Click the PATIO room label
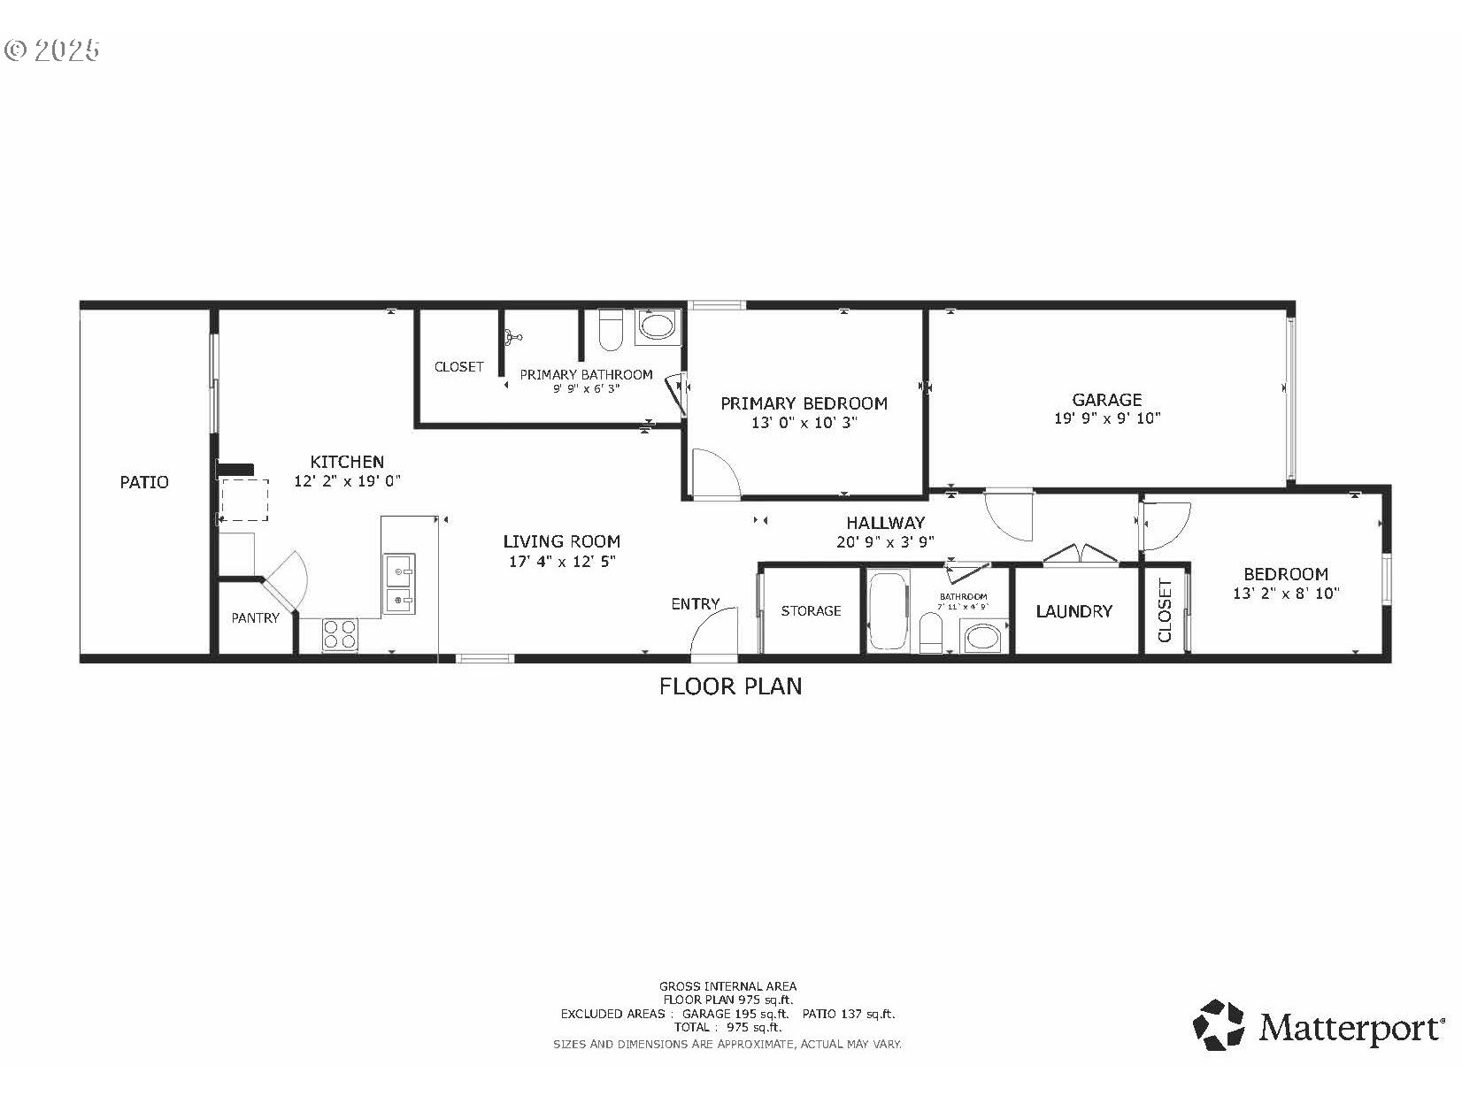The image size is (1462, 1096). pos(144,482)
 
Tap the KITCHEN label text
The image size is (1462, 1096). pos(347,462)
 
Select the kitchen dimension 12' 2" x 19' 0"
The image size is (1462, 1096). pos(348,481)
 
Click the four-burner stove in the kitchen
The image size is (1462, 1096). pos(340,634)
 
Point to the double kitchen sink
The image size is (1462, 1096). pos(400,584)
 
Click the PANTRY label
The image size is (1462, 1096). pos(255,618)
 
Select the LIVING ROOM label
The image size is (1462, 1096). pos(561,541)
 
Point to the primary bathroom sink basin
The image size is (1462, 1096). pos(657,326)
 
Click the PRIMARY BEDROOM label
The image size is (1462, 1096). pos(804,403)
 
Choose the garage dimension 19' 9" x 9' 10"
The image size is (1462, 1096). pos(1107,418)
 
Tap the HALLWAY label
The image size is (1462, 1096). pos(885,523)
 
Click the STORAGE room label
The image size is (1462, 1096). pos(811,611)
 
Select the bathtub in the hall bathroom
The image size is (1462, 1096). pos(888,610)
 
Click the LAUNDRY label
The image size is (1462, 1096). pos(1073,611)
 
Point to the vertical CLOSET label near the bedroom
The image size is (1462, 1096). pos(1165,610)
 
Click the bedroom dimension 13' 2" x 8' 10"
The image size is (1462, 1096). pos(1286,594)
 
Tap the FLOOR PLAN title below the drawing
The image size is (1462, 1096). pos(731,686)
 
